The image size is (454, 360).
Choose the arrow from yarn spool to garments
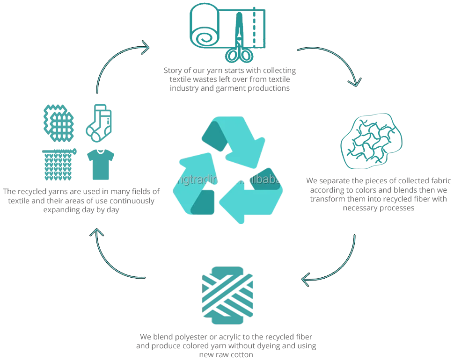[x=115, y=255]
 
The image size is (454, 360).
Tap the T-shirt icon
[x=99, y=164]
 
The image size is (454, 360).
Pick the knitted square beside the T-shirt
[x=59, y=165]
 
